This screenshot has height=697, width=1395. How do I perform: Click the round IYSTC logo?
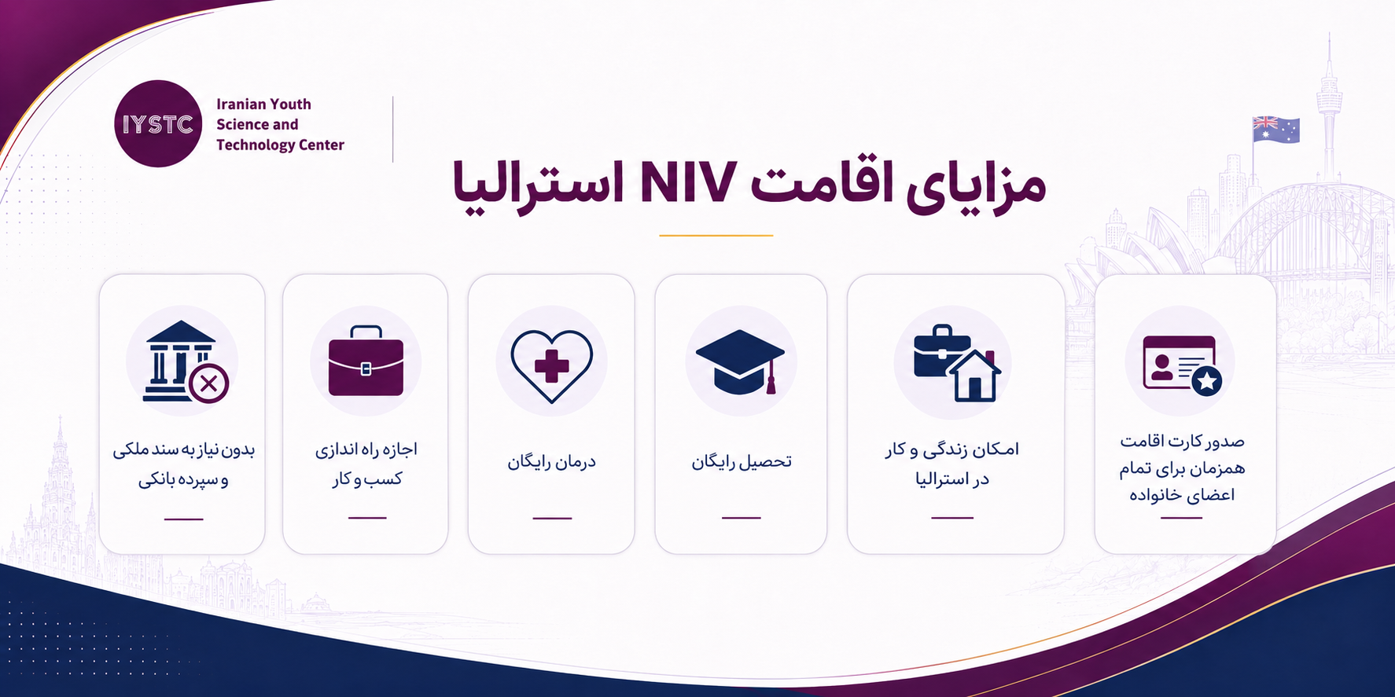[158, 123]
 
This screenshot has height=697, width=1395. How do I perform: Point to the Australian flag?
[1275, 130]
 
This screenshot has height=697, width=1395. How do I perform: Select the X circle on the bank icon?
[208, 384]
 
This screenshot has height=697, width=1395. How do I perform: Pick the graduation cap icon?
[741, 361]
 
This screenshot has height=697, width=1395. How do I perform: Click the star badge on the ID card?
[1207, 382]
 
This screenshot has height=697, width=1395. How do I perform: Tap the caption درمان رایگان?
[551, 461]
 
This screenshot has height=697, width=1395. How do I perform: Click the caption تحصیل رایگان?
[741, 461]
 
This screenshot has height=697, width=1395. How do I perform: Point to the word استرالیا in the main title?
[538, 185]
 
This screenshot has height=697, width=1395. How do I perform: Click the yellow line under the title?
[716, 235]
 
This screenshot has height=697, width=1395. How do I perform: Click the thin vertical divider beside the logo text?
[392, 130]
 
